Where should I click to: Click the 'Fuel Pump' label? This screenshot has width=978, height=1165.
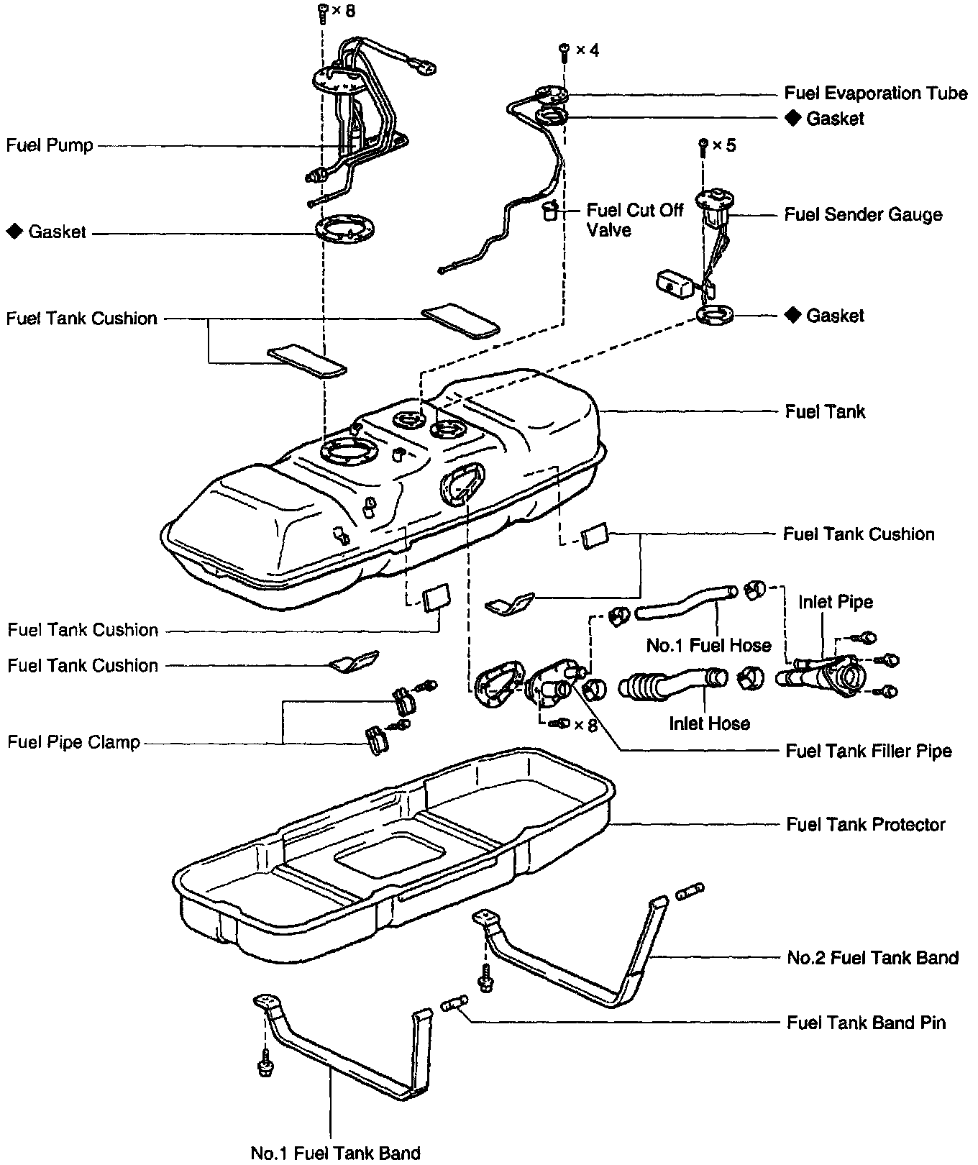[50, 145]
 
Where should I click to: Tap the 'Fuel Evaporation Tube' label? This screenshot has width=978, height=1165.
[875, 93]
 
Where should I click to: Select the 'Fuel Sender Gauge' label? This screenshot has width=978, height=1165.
[863, 214]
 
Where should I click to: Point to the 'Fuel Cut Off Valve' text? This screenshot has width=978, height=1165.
[634, 220]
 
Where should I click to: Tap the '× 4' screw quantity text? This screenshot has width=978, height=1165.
[585, 50]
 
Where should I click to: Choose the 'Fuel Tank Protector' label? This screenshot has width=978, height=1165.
[865, 824]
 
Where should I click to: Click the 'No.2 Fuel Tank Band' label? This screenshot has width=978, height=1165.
[873, 957]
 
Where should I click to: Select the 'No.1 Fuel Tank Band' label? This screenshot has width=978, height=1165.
[336, 1153]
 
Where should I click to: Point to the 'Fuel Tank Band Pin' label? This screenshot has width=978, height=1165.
[866, 1022]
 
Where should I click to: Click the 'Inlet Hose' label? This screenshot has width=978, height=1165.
[709, 723]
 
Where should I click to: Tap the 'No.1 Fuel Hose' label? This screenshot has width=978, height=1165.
[708, 645]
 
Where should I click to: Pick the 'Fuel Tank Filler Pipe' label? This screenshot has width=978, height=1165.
[869, 751]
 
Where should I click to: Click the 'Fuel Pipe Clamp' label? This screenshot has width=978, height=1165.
[73, 741]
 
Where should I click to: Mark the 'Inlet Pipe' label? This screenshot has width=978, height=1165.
[836, 601]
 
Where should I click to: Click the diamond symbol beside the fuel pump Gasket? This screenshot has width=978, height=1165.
[14, 232]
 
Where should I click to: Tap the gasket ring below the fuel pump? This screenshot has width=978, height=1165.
[346, 229]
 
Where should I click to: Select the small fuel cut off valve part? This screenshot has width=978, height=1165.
[550, 211]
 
